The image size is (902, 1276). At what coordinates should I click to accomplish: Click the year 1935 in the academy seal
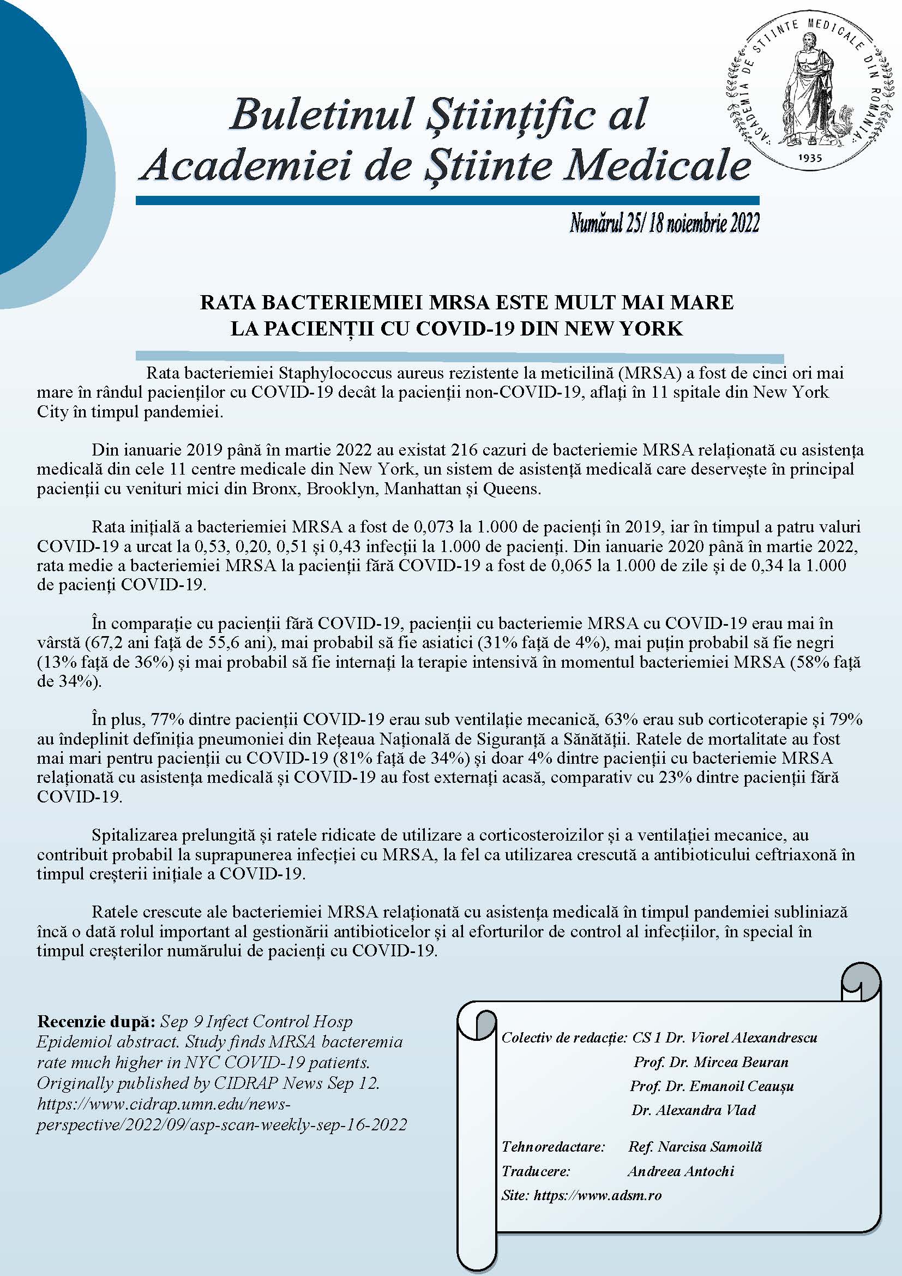pos(809,158)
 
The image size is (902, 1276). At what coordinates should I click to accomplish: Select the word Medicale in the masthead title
pos(657,166)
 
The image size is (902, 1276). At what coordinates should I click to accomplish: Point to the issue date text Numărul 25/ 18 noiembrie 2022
pos(664,224)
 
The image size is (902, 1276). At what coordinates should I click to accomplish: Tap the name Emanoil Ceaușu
pos(742,1086)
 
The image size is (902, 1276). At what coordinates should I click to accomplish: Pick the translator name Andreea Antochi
pos(681,1171)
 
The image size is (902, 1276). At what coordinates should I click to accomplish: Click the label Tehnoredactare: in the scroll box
pos(552,1147)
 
